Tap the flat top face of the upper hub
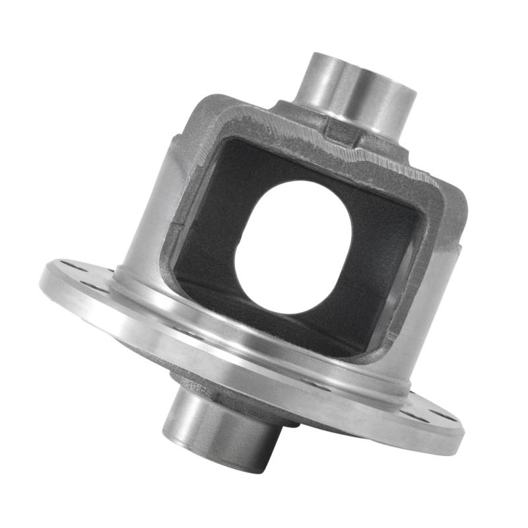tap(362, 63)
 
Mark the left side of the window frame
tap(178, 198)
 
